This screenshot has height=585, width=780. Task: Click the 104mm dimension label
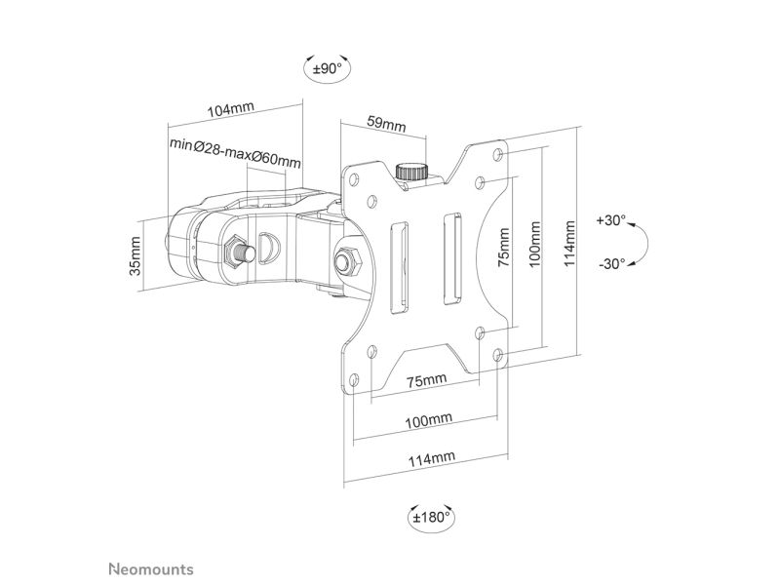pos(230,108)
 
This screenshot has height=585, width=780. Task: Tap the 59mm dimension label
pos(386,123)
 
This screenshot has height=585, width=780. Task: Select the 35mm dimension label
pos(136,255)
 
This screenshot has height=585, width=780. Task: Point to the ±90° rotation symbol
pos(328,68)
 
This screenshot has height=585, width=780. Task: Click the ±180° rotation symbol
pos(431,518)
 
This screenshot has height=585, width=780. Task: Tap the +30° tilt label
pos(611,220)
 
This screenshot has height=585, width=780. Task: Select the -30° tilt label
pos(612,263)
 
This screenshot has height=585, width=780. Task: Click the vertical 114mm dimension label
pos(569,244)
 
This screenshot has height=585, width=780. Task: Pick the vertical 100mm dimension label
pos(534,245)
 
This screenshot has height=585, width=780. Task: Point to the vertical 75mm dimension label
pos(504,248)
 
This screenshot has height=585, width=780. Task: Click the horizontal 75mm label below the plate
pos(427,380)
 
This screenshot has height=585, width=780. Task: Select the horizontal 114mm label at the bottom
pos(432,458)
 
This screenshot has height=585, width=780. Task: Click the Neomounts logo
pos(151,569)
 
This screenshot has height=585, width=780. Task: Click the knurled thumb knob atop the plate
pos(411,172)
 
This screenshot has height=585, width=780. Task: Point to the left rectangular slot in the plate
pos(399,268)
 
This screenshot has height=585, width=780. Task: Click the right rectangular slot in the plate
pos(452,258)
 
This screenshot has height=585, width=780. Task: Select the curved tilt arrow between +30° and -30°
pos(646,243)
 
